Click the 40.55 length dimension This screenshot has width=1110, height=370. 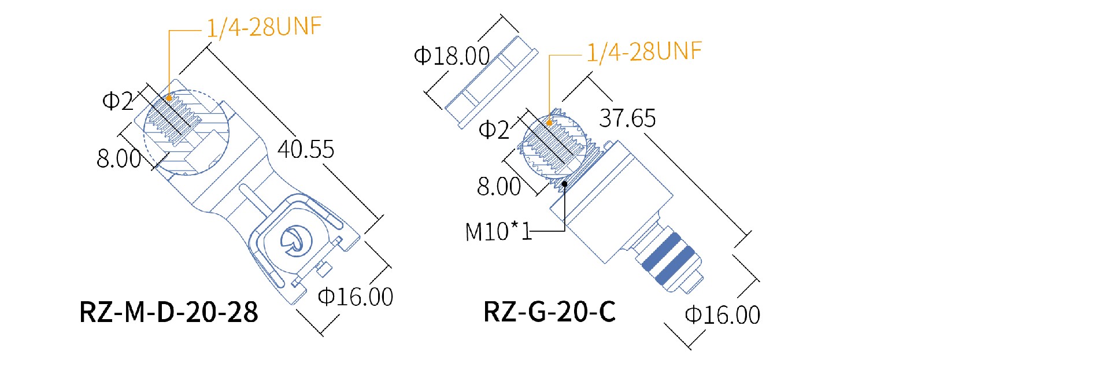tap(306, 149)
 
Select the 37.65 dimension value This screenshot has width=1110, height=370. tap(627, 119)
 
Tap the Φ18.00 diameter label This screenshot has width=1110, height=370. tap(452, 56)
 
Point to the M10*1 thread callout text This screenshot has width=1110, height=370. tap(498, 232)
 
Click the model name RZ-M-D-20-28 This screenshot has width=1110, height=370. tap(168, 312)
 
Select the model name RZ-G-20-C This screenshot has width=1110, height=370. tap(549, 312)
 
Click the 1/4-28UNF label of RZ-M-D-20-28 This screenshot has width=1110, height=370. tap(264, 27)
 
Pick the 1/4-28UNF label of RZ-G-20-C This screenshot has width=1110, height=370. tap(644, 52)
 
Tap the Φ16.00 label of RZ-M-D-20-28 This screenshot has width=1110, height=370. tap(356, 297)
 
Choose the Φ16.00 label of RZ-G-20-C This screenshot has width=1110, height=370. tap(722, 315)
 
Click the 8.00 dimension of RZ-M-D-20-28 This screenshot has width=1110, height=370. tap(119, 158)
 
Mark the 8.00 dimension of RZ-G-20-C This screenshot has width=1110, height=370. tap(499, 187)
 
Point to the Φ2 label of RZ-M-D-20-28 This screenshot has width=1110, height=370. tap(117, 101)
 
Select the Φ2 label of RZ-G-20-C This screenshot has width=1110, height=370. tap(494, 129)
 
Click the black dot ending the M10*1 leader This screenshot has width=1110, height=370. tap(564, 184)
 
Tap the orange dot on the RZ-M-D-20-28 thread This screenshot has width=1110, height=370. tap(169, 98)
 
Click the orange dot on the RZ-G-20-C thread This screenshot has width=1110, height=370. tap(549, 123)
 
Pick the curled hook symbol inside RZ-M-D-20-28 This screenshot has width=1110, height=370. tap(294, 240)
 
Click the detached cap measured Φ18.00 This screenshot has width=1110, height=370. tap(491, 81)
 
